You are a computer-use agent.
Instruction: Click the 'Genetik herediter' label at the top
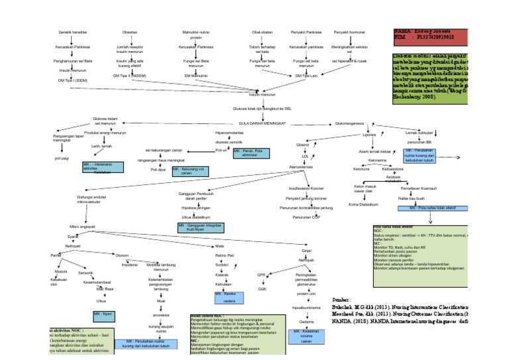click(74, 32)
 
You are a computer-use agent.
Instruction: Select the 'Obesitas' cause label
click(130, 32)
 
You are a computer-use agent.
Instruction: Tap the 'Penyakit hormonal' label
click(350, 32)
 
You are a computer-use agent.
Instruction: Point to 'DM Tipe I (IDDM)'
click(73, 80)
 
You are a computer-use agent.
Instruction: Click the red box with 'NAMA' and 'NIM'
click(430, 37)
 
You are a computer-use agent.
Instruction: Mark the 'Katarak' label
click(221, 274)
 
